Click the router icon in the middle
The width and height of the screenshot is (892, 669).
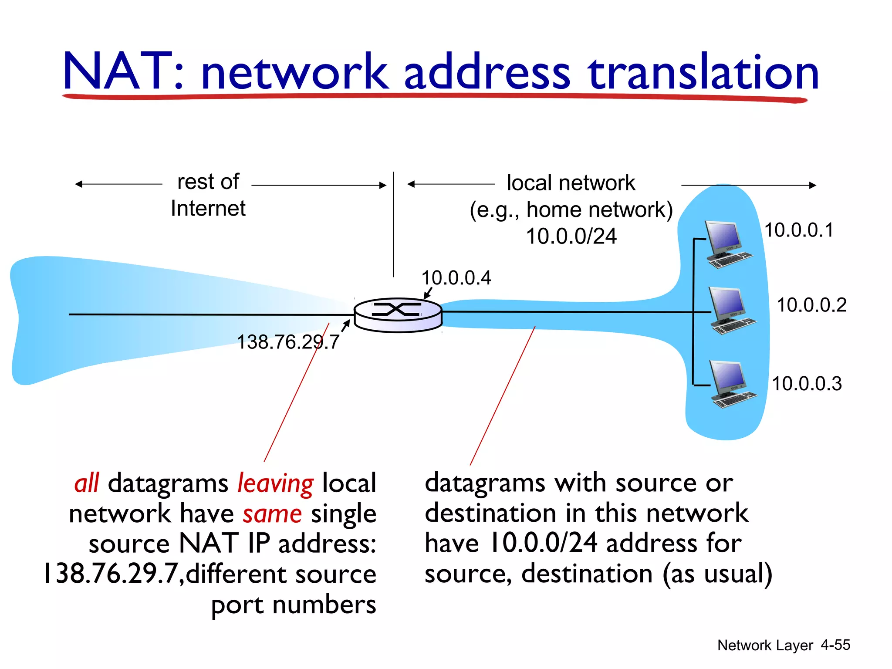pyautogui.click(x=398, y=314)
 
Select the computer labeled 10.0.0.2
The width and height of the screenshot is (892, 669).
pyautogui.click(x=732, y=310)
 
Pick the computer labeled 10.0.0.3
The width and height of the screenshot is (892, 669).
pyautogui.click(x=732, y=384)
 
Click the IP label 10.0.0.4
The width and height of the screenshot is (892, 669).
pyautogui.click(x=456, y=278)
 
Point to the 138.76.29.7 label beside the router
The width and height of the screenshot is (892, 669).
pyautogui.click(x=287, y=342)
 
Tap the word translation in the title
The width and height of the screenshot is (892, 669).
pyautogui.click(x=703, y=72)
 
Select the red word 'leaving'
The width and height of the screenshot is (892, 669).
pyautogui.click(x=275, y=483)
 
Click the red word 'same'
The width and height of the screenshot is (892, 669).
pyautogui.click(x=272, y=514)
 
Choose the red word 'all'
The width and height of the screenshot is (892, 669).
pyautogui.click(x=87, y=483)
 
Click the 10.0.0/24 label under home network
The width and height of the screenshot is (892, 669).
pyautogui.click(x=571, y=237)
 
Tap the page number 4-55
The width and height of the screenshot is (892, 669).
pyautogui.click(x=835, y=645)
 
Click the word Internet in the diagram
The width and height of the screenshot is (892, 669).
pyautogui.click(x=208, y=208)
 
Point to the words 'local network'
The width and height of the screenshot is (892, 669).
pyautogui.click(x=571, y=183)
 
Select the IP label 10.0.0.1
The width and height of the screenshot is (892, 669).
pyautogui.click(x=799, y=230)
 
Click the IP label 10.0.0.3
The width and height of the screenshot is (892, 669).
pyautogui.click(x=807, y=384)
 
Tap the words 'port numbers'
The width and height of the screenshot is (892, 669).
pyautogui.click(x=294, y=605)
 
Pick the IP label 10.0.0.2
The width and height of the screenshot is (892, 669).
pyautogui.click(x=811, y=305)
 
